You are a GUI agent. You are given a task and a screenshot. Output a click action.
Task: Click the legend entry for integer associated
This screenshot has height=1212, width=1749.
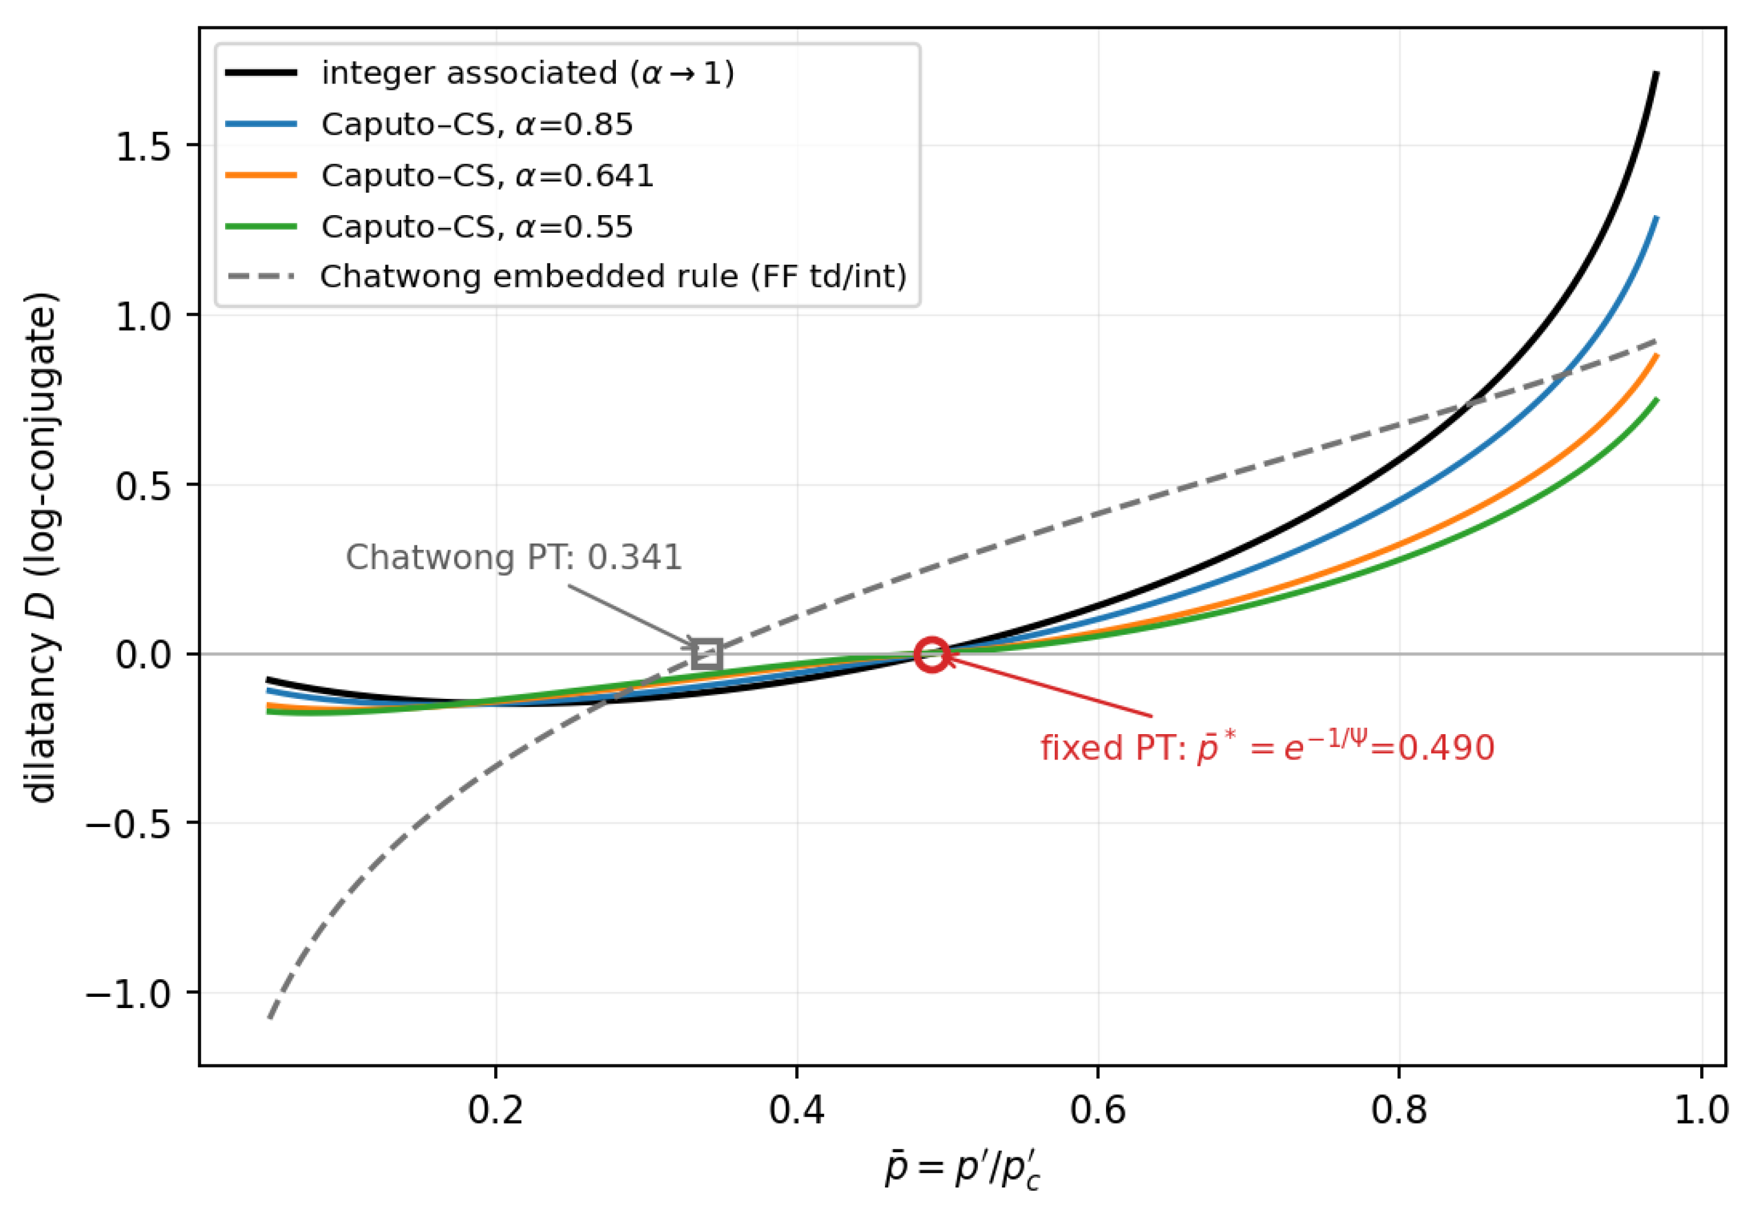(480, 73)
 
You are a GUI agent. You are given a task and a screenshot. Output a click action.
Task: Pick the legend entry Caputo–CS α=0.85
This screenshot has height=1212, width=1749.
(429, 124)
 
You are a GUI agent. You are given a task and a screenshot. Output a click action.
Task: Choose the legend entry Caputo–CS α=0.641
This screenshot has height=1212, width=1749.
(440, 175)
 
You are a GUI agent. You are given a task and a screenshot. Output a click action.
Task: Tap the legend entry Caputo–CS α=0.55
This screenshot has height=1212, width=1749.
(429, 226)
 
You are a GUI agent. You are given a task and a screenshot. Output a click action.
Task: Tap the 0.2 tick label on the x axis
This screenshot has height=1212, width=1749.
(495, 1110)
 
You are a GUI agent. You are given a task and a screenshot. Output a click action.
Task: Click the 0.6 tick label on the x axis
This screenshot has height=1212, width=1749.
(1098, 1110)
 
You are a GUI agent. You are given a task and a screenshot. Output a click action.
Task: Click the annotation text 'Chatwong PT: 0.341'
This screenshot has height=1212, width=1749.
(514, 557)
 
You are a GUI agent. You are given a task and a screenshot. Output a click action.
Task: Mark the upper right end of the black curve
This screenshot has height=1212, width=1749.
(1656, 73)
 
